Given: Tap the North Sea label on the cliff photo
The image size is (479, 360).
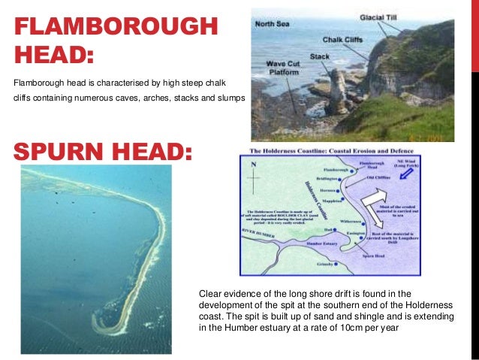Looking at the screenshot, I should click(x=274, y=24).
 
